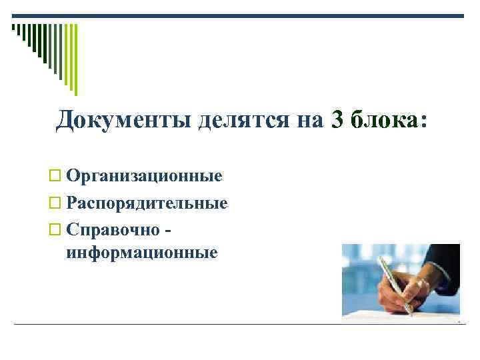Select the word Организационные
tap(144, 176)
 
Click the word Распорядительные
tap(147, 203)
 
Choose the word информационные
tap(142, 253)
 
